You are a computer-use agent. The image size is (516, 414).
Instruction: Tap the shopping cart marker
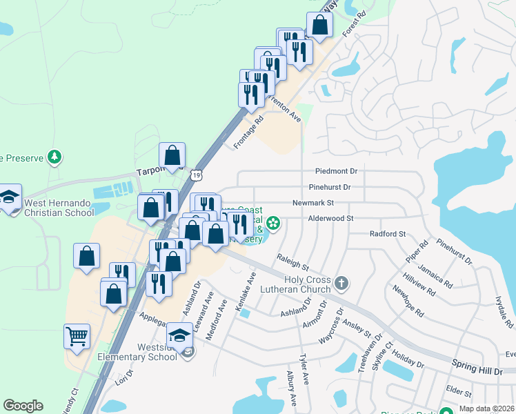[x=77, y=337]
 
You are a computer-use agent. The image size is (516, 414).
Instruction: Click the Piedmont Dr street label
[x=336, y=171]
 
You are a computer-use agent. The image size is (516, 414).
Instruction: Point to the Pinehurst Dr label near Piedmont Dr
[x=330, y=187]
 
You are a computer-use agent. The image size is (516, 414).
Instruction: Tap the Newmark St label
[x=313, y=203]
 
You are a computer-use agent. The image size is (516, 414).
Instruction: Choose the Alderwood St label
[x=330, y=218]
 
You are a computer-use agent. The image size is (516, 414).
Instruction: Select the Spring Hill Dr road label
[x=477, y=366]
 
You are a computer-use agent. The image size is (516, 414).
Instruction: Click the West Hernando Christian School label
[x=59, y=208]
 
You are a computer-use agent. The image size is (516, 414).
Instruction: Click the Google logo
[x=23, y=406]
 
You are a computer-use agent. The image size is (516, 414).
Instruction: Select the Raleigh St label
[x=292, y=262]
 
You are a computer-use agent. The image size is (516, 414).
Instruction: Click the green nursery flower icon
[x=274, y=223]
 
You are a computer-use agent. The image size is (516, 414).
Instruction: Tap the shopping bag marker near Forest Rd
[x=319, y=26]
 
